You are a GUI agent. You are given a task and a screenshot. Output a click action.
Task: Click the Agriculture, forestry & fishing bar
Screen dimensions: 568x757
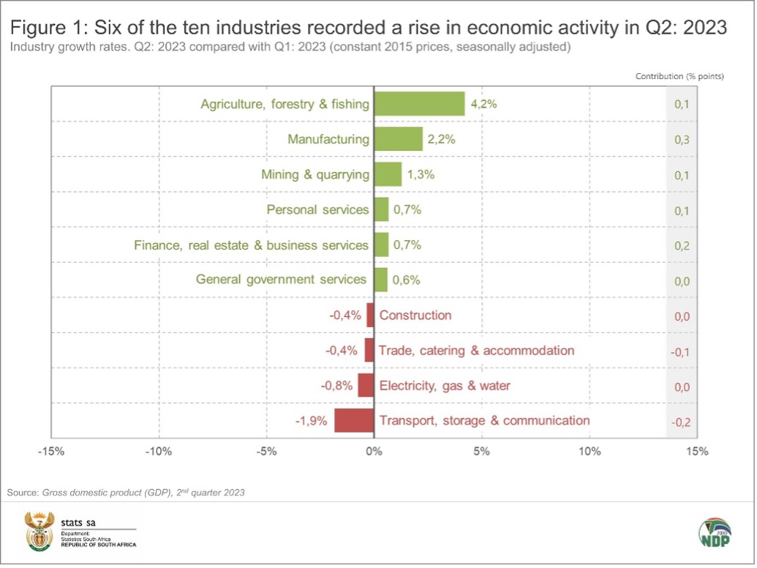click(419, 104)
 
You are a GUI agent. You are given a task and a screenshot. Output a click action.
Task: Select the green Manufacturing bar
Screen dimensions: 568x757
click(398, 139)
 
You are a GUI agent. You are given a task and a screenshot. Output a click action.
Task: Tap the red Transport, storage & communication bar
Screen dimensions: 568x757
click(354, 421)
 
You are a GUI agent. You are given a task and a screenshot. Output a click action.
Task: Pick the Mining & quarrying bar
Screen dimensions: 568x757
click(388, 174)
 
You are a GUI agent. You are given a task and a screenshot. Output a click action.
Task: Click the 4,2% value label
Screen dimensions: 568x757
click(483, 104)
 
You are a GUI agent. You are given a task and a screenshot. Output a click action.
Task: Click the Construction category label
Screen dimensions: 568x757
click(415, 315)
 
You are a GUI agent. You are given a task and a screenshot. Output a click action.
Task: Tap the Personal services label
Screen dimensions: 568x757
click(317, 210)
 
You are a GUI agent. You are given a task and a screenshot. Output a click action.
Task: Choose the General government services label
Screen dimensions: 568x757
click(281, 280)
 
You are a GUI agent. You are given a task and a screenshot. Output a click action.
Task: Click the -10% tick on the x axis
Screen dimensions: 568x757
click(159, 452)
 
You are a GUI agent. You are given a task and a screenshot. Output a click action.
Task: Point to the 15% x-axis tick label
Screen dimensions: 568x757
click(697, 452)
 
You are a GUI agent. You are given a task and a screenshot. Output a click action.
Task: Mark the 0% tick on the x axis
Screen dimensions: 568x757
click(374, 452)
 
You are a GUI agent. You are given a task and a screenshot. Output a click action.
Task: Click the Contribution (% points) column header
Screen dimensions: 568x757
click(679, 76)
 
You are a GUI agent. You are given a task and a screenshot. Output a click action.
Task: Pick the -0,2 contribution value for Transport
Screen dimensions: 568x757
click(680, 421)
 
